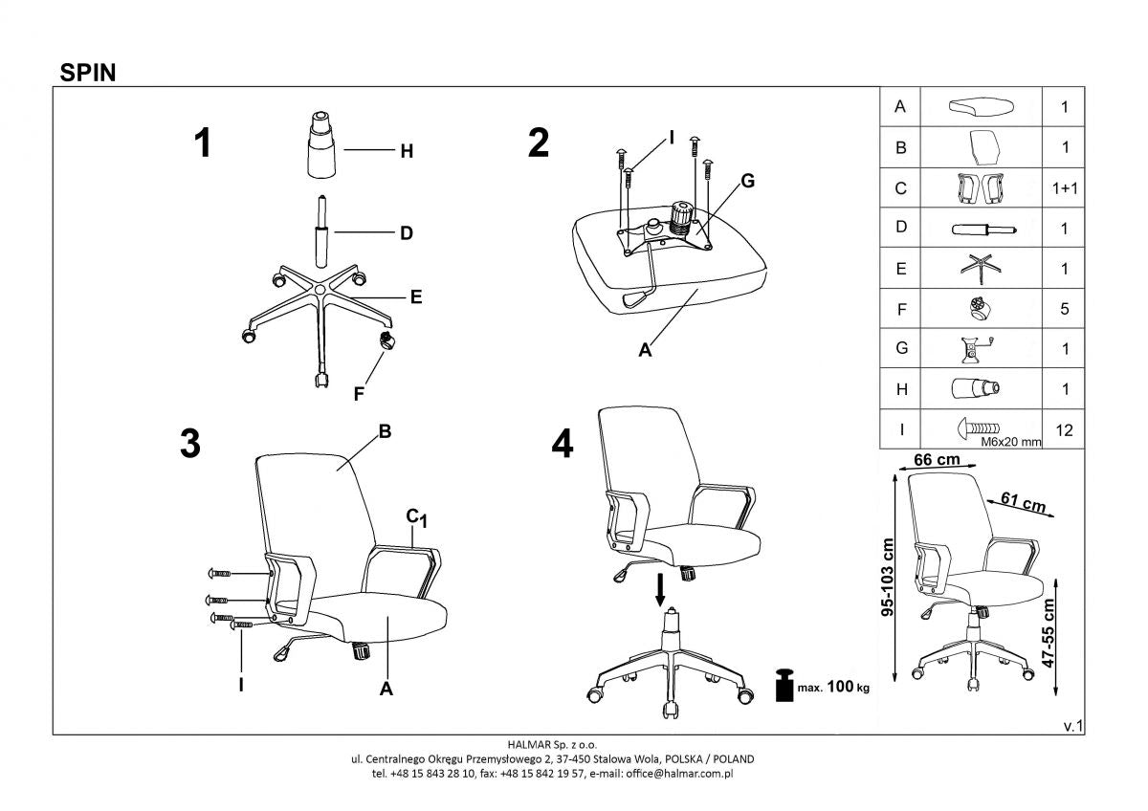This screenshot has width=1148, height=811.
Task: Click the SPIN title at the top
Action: (x=88, y=72)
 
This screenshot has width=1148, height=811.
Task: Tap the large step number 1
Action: (x=202, y=143)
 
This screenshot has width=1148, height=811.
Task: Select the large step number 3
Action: (x=190, y=444)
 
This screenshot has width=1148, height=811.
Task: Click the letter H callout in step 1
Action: (x=406, y=151)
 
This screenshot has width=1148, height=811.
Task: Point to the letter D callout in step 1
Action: (x=406, y=232)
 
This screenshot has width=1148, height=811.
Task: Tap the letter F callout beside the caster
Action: (x=359, y=392)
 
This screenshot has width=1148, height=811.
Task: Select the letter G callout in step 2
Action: (x=748, y=181)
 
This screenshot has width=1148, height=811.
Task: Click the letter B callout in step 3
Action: (x=385, y=431)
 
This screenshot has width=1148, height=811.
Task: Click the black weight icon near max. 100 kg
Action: (x=785, y=686)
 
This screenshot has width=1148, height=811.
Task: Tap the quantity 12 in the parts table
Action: (x=1064, y=430)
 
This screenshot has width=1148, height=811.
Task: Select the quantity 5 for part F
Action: (x=1064, y=309)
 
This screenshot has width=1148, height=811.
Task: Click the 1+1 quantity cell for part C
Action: (x=1064, y=188)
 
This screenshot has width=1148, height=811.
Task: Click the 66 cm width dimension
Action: (x=936, y=459)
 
